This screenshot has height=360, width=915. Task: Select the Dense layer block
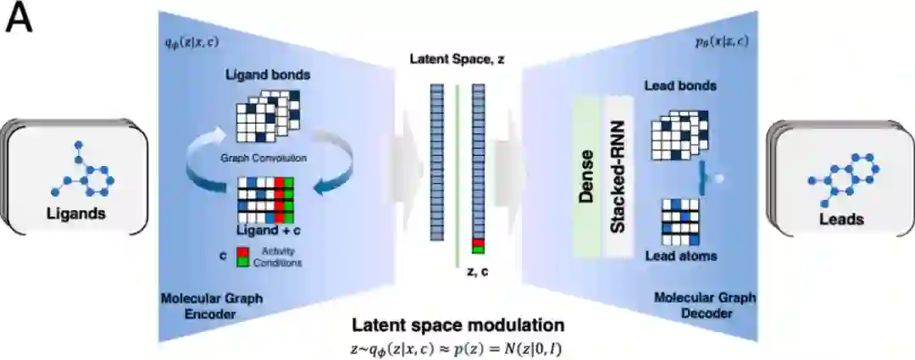tap(585, 179)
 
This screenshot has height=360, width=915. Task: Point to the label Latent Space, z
tap(457, 61)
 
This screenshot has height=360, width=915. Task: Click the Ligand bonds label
tap(267, 75)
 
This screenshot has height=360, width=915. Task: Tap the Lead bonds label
tap(679, 86)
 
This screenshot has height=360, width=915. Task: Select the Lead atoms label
tap(680, 256)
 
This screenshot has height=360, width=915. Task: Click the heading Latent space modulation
tap(457, 325)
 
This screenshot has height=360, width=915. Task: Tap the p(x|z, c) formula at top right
tap(726, 40)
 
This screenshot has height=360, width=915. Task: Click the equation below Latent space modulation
tap(457, 348)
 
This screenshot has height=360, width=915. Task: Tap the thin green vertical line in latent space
tap(457, 161)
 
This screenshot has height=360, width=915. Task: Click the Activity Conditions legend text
tap(270, 258)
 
